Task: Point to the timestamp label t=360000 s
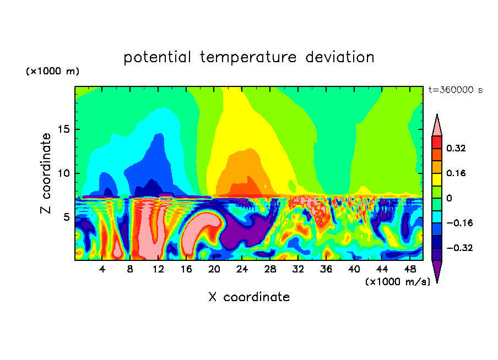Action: click(455, 90)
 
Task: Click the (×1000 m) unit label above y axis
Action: click(52, 72)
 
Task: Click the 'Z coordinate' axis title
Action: click(46, 173)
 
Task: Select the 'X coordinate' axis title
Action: click(249, 297)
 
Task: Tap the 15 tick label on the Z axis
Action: click(64, 130)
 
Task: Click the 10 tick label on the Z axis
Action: click(64, 173)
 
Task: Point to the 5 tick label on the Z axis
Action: click(67, 217)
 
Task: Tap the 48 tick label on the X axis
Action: click(409, 270)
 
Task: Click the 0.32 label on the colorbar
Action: click(456, 148)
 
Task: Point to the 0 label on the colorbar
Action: click(449, 198)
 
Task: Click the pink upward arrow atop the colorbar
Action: click(437, 125)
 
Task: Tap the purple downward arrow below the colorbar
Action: click(437, 271)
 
